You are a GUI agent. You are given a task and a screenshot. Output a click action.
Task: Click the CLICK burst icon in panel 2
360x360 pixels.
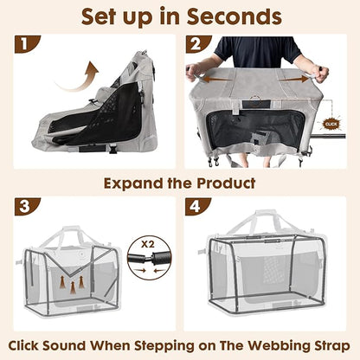tap(330, 123)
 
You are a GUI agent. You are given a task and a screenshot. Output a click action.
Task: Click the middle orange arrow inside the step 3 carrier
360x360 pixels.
tap(71, 281)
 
